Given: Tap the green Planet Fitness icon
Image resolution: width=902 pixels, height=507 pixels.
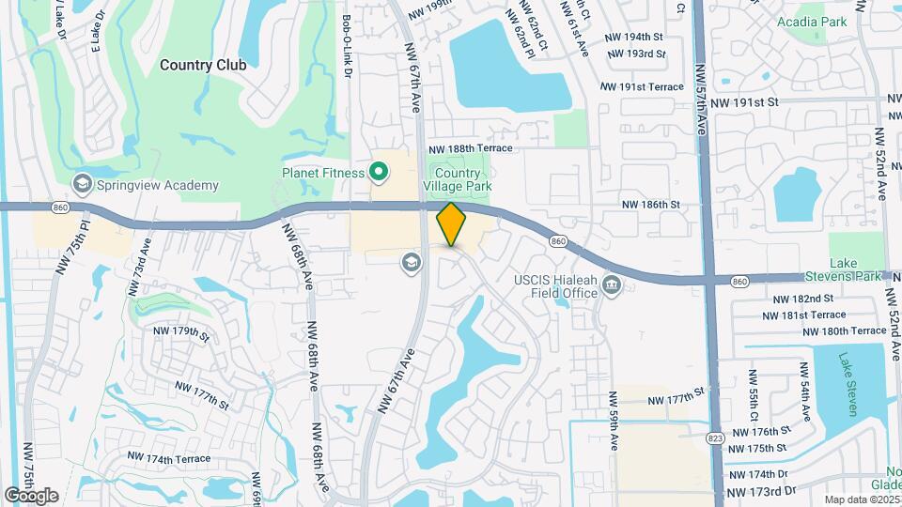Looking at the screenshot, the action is tap(379, 172).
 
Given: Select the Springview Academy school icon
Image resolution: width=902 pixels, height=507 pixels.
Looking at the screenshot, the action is tap(82, 185).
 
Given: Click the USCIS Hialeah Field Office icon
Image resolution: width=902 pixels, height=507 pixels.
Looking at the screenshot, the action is tap(613, 284).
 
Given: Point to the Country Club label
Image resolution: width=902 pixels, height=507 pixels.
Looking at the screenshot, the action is tap(203, 65).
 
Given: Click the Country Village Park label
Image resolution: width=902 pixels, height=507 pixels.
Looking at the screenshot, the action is tap(458, 180).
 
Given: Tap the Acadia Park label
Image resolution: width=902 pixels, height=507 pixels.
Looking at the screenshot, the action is tap(812, 22).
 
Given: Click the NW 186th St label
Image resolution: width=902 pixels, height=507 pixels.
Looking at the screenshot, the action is tap(650, 204).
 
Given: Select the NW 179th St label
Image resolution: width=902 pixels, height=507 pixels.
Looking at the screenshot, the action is tap(183, 332).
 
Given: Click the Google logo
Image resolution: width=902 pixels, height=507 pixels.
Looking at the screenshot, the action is tap(31, 496).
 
